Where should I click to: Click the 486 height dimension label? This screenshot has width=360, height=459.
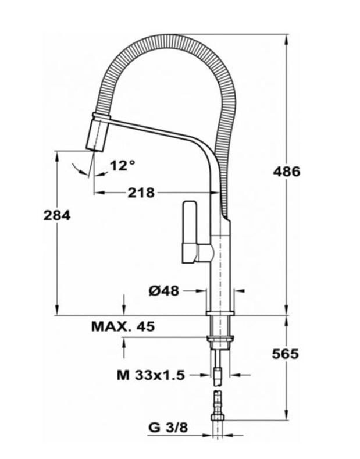tap(286, 172)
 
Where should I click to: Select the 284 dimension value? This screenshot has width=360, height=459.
tap(57, 215)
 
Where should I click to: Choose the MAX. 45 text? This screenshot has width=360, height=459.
tap(123, 326)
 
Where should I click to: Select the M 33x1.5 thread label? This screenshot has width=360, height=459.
tap(150, 375)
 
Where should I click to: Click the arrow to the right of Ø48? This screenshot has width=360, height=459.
tap(240, 291)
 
